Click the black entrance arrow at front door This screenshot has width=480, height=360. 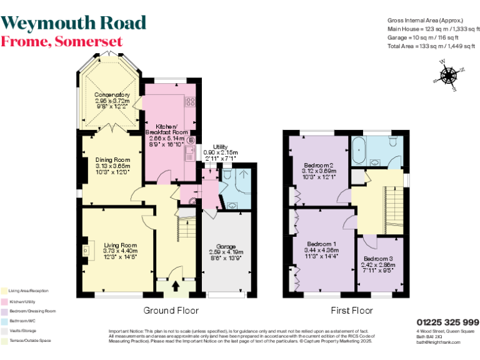pos(174,287)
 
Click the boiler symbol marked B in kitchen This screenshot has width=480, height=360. pos(191,140)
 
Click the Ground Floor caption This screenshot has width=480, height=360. pos(171,311)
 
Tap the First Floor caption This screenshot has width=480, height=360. pos(351,311)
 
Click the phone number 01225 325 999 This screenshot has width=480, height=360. pos(447,321)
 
